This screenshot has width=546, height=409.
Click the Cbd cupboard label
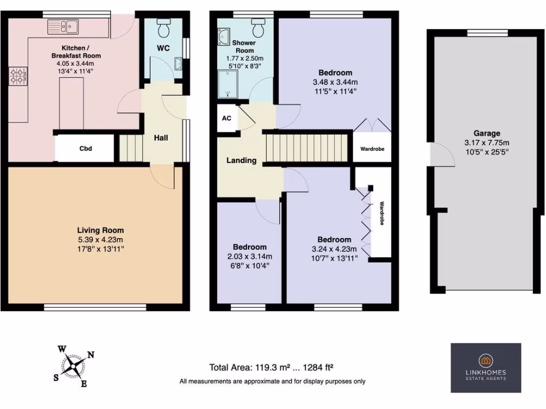pyautogui.click(x=85, y=149)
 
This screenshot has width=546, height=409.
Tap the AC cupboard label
pyautogui.click(x=227, y=118)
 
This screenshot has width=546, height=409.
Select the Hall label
pyautogui.click(x=161, y=138)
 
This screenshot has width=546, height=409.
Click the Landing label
pyautogui.click(x=242, y=160)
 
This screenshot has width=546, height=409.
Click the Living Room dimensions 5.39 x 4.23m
pyautogui.click(x=101, y=240)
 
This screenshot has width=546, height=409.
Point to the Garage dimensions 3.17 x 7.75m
pyautogui.click(x=487, y=142)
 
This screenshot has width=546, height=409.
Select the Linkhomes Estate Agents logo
pyautogui.click(x=485, y=367)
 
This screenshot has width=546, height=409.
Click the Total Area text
pyautogui.click(x=272, y=367)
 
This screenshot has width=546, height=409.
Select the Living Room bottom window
pyautogui.click(x=95, y=307)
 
